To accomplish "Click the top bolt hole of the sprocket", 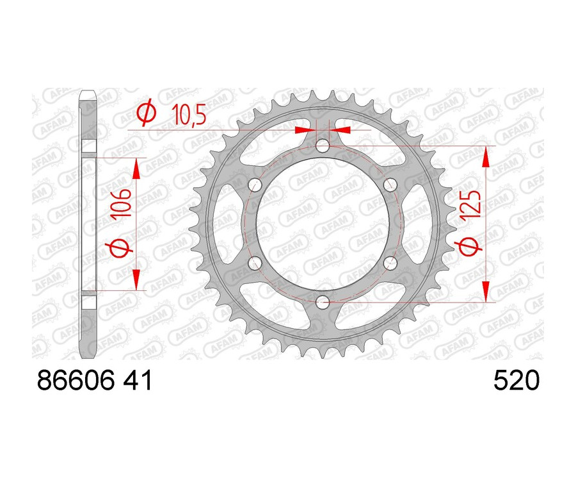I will pyautogui.click(x=323, y=146).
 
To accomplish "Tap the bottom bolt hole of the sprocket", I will pyautogui.click(x=323, y=302).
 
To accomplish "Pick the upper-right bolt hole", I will pyautogui.click(x=390, y=185).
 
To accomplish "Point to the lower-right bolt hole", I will pyautogui.click(x=390, y=263).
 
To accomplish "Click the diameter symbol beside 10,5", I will pyautogui.click(x=147, y=113).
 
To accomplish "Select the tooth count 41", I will pyautogui.click(x=138, y=382).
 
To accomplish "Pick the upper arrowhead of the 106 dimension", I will pyautogui.click(x=136, y=168).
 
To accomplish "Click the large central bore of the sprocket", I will pyautogui.click(x=323, y=224).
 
